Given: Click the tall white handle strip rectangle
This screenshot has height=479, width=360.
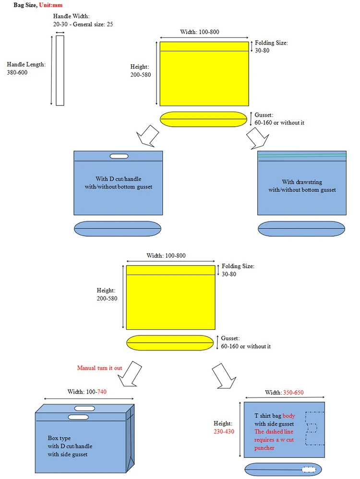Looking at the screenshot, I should coord(60,70).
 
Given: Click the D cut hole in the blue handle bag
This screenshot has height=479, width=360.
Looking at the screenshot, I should coord(119,156).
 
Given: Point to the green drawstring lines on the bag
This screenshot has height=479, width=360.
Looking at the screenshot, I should coord(301,155).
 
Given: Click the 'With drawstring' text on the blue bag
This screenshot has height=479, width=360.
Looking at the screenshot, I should coord(301,182).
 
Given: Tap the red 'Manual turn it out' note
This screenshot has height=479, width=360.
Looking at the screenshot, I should coord(99,368).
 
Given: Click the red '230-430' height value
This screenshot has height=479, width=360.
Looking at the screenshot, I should coord(223,431).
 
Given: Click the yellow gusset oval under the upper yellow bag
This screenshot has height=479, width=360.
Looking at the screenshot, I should coord(204,119).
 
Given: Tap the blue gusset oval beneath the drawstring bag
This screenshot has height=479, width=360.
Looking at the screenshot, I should coord(301,228).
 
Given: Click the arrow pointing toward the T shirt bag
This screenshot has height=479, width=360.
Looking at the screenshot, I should coord(223,375).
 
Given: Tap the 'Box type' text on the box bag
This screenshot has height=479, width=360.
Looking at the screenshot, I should coord(59,439).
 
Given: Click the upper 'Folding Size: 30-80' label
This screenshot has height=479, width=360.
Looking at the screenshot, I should coord(271,47).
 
